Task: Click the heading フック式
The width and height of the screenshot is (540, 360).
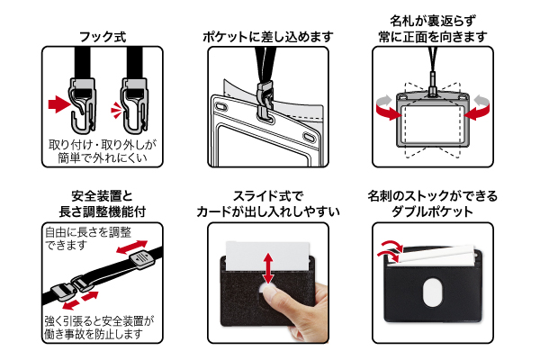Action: [x=101, y=37]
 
